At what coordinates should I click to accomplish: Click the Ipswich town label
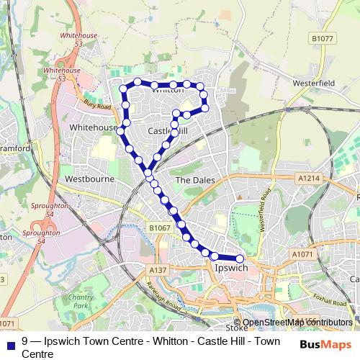[x=231, y=269]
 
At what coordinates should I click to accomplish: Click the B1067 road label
[x=160, y=228]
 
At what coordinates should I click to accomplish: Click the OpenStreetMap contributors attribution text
[x=297, y=322]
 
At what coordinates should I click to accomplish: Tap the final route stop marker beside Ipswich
[x=240, y=258]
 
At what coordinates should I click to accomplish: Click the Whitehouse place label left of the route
[x=94, y=127]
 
